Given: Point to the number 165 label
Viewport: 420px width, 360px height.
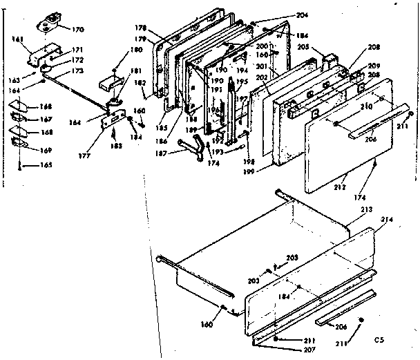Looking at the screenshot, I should tap(46, 166).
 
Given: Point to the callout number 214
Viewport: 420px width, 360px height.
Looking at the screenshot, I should tap(385, 220).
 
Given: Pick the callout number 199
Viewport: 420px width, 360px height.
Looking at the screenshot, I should tap(266, 169).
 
